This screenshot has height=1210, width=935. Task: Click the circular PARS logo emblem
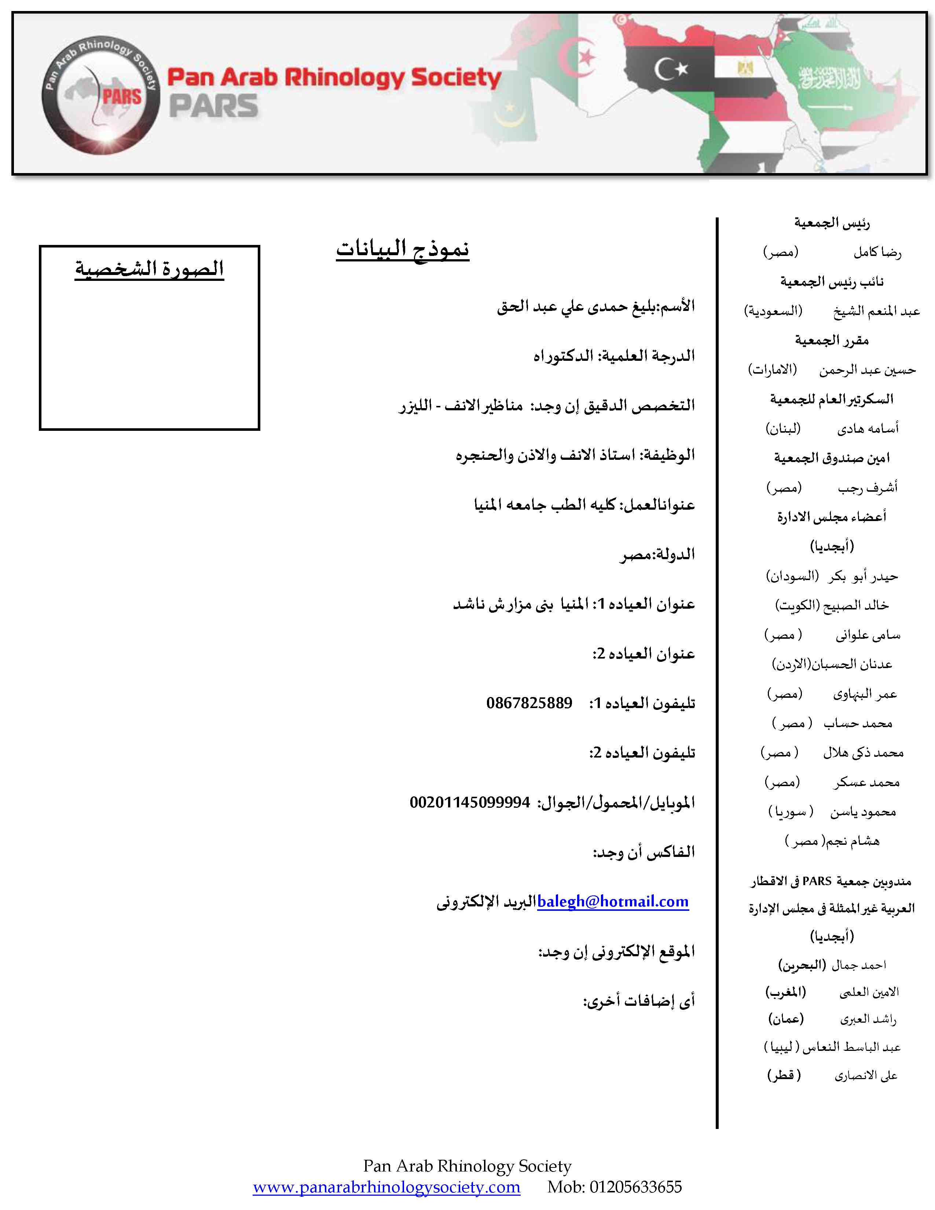[x=101, y=95]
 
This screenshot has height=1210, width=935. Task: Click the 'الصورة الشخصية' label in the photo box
[x=150, y=269]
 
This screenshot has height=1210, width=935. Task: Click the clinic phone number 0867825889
[x=529, y=703]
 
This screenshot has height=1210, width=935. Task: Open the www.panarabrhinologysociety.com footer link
[x=386, y=1187]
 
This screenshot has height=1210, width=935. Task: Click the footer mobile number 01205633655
[x=635, y=1187]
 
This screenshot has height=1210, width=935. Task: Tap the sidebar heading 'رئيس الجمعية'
[x=832, y=223]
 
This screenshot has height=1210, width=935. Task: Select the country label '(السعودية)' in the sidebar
[x=773, y=311]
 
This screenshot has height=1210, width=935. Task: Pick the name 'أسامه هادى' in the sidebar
[x=868, y=428]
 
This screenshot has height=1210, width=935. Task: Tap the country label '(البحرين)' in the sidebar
[x=802, y=965]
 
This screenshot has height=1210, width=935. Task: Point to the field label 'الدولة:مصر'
[x=657, y=554]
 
